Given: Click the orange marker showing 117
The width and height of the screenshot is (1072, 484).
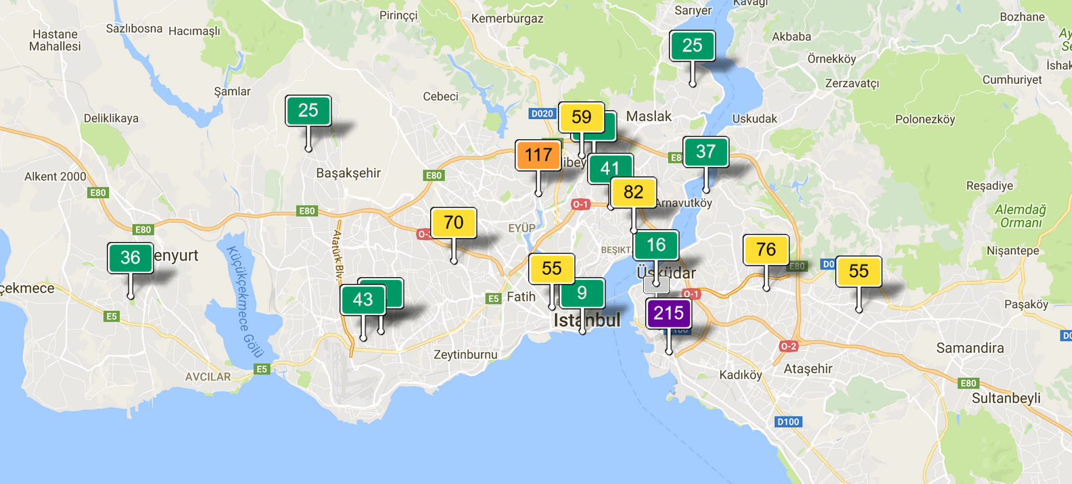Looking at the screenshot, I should tap(538, 155).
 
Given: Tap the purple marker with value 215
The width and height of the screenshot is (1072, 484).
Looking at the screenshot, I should tap(668, 314).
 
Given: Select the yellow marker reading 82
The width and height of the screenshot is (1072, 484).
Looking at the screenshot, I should tap(633, 193).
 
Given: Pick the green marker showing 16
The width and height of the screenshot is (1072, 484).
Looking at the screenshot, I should tap(656, 245).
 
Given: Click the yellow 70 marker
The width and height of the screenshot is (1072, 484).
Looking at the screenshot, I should tap(453, 223).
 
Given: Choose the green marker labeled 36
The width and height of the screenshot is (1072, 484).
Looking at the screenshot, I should tap(130, 258).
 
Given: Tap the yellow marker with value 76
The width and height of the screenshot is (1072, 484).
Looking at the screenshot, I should tap(766, 250).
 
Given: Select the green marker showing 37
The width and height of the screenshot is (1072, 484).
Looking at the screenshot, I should tap(705, 152).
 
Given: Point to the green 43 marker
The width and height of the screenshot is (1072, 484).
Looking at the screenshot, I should tap(363, 300).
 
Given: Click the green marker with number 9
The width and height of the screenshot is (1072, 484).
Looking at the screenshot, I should tap(582, 293).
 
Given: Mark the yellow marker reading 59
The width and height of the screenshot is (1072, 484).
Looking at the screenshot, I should tap(581, 118).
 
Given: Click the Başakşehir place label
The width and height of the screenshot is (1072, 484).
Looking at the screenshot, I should tap(348, 173).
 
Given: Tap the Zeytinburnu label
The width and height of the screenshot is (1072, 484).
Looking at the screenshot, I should tap(465, 355).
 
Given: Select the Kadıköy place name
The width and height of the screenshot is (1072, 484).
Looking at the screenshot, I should tap(741, 374).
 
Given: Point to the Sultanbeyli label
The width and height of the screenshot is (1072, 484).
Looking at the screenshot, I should tap(1006, 398).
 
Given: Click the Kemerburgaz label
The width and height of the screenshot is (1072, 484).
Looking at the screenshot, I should tap(507, 19).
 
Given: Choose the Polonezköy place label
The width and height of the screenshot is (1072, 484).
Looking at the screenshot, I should tap(925, 120).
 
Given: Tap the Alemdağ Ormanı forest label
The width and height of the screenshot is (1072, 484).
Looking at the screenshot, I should tap(1020, 216).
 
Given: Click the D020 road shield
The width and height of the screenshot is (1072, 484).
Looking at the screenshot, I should tap(542, 114).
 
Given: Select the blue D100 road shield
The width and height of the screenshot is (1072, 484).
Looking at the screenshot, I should tap(788, 422).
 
